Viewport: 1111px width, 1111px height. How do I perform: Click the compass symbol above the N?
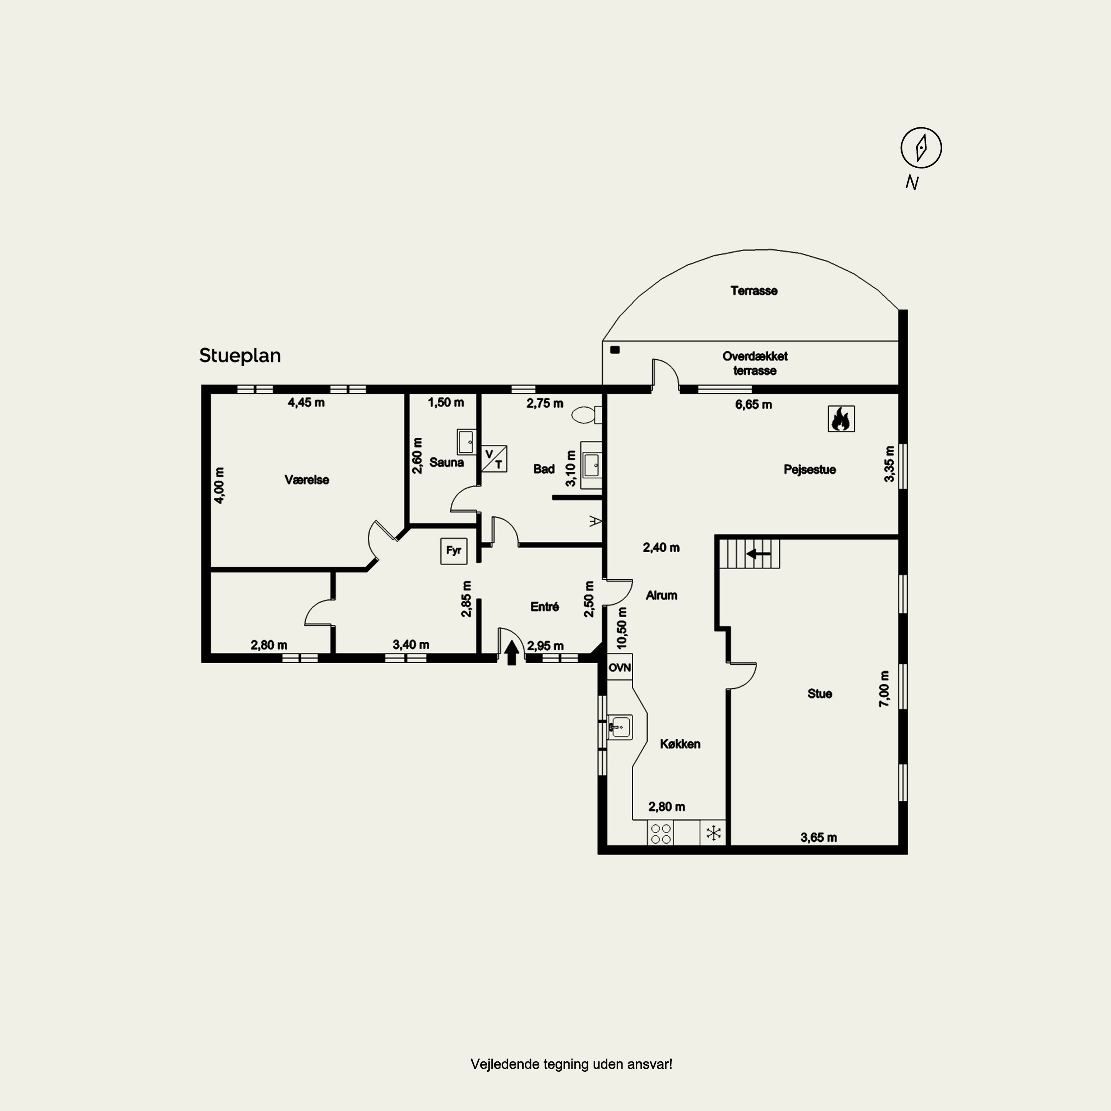coord(921,148)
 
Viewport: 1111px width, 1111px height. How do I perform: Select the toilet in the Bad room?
coord(587,415)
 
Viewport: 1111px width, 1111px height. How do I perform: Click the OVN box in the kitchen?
coord(620,668)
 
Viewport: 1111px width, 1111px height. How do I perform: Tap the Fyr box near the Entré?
coord(454,551)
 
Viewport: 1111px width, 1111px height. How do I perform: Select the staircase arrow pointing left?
coord(758,554)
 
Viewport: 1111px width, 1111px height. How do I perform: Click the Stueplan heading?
coord(240,356)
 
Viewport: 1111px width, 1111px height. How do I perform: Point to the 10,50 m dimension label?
coord(622,628)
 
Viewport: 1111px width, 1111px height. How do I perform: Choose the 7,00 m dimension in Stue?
coord(884,689)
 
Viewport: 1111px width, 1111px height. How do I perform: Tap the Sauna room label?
coord(446,462)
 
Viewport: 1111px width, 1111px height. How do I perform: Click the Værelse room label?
coord(307,480)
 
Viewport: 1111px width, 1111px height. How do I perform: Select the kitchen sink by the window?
coord(620,727)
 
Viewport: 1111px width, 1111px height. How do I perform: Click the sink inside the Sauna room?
coord(466,442)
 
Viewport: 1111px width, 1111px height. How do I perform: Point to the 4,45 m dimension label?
coord(306,403)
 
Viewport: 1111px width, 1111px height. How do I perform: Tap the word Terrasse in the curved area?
coord(754,291)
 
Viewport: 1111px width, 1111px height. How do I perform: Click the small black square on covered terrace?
coord(615,350)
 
